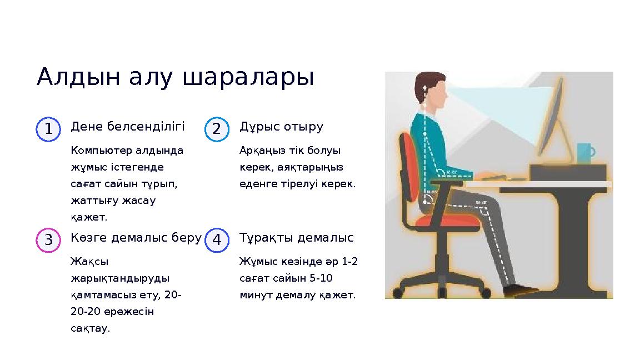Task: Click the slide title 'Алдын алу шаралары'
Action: pyautogui.click(x=175, y=78)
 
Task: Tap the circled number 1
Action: pyautogui.click(x=48, y=129)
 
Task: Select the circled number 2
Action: pyautogui.click(x=217, y=129)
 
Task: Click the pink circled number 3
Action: pyautogui.click(x=48, y=240)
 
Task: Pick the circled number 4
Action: pyautogui.click(x=217, y=240)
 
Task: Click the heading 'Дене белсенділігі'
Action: pyautogui.click(x=128, y=127)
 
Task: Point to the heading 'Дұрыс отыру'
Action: pyautogui.click(x=281, y=127)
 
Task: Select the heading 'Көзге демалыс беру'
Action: pyautogui.click(x=136, y=238)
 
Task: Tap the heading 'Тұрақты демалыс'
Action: pyautogui.click(x=296, y=238)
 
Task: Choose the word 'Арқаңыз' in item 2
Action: pyautogui.click(x=258, y=150)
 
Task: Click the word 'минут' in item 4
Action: pyautogui.click(x=254, y=295)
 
